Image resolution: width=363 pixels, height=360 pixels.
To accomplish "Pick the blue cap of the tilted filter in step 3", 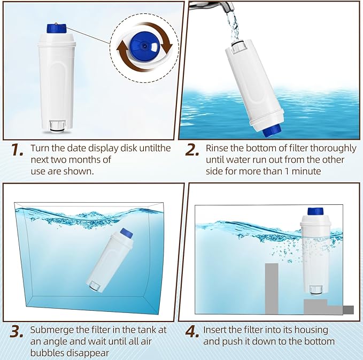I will tap(126, 233).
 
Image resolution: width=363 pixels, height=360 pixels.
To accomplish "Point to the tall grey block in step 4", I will tap(272, 288).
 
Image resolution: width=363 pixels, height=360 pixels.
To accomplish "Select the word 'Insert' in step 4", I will tap(216, 330).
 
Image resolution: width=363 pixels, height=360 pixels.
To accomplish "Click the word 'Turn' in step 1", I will tap(41, 148).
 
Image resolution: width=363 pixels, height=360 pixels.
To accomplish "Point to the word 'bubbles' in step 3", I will tap(47, 353).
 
